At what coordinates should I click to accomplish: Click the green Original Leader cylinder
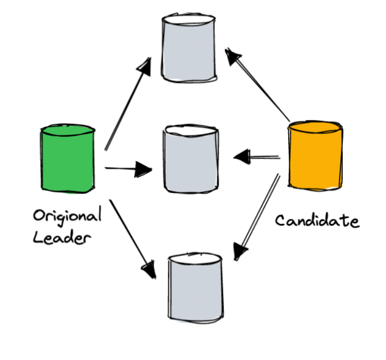tap(68, 161)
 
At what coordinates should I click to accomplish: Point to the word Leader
tap(62, 238)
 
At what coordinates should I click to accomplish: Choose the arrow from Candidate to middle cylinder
tap(258, 157)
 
